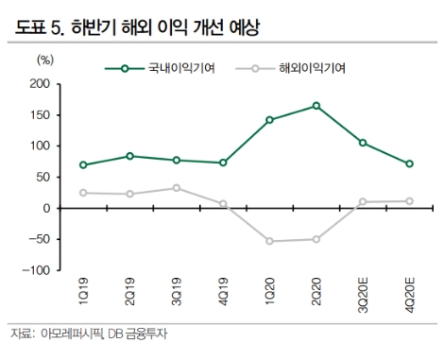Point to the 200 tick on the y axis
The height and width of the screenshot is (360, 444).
coord(38,84)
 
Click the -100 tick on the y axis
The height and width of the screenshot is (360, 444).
coord(34,270)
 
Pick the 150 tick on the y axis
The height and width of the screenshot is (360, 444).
coord(38,115)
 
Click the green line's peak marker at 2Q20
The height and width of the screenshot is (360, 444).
coord(316,106)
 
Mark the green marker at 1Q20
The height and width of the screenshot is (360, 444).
coord(269,120)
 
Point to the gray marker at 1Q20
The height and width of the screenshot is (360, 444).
coord(269,241)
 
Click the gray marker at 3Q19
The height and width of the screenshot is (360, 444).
coord(177,188)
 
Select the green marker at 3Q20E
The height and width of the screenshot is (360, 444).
coord(362,143)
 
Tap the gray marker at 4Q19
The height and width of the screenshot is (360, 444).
coord(223,203)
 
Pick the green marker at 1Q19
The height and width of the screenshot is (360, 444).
coord(84,164)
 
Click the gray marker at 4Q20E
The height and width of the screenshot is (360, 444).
coord(408,201)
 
